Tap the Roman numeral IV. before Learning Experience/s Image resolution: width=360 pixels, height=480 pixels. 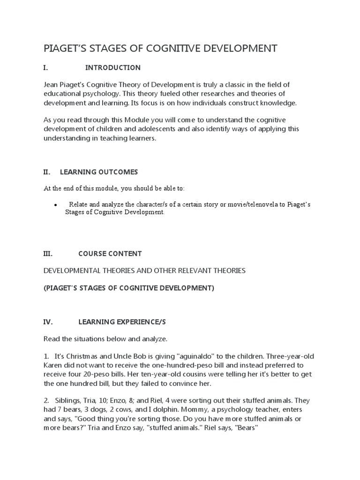point(48,322)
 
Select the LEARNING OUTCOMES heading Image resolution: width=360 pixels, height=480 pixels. point(105,172)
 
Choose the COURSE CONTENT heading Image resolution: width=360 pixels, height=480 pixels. point(110,254)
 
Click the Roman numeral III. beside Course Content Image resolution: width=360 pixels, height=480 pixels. point(48,254)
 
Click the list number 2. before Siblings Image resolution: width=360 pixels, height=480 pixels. point(46,401)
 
